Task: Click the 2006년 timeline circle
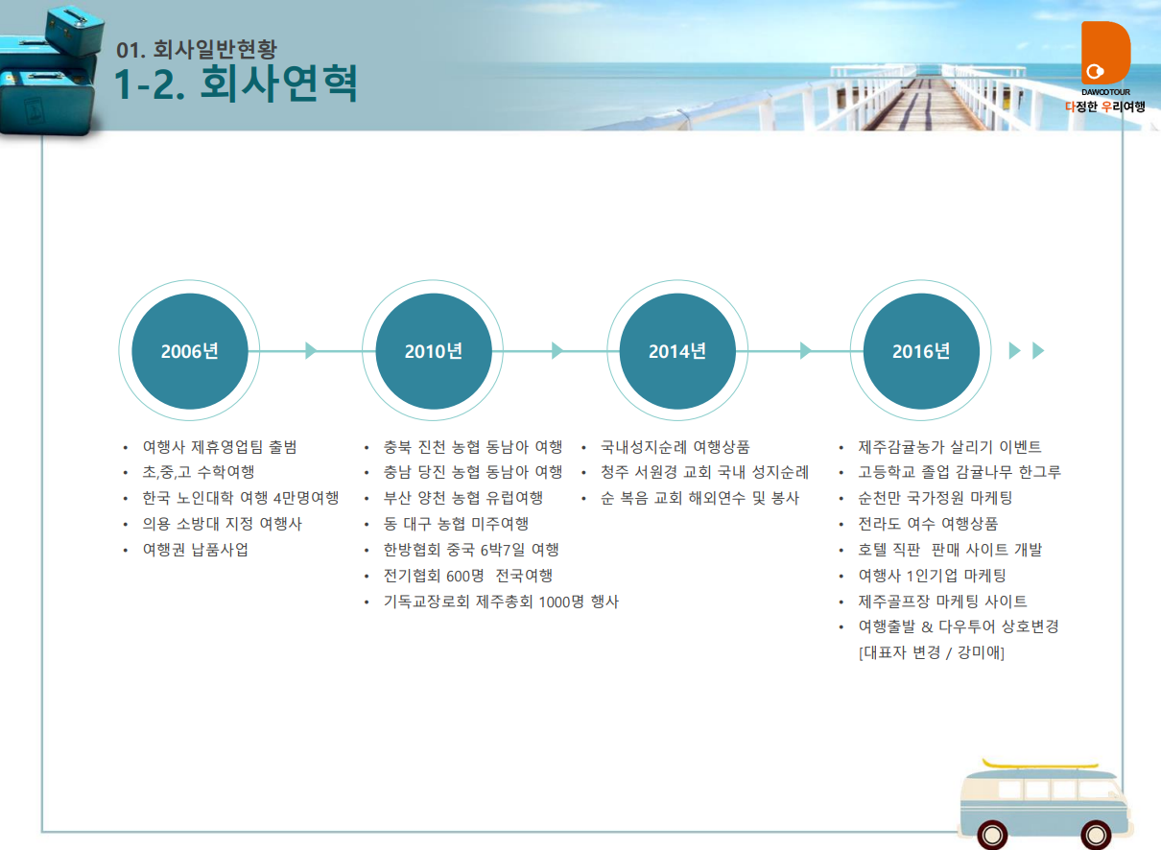(x=190, y=351)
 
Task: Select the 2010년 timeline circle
(x=434, y=351)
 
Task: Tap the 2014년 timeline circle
(x=677, y=351)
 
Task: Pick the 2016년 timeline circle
(x=921, y=351)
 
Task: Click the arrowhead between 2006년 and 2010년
(x=311, y=351)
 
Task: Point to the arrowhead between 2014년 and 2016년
(x=806, y=351)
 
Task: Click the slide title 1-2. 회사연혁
(x=236, y=83)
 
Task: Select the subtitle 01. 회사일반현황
(x=197, y=50)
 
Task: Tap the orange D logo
(x=1105, y=53)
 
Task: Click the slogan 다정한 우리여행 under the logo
(x=1105, y=106)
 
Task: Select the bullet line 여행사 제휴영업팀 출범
(x=220, y=447)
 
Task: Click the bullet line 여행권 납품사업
(x=196, y=550)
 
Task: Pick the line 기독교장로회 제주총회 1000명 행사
(x=501, y=602)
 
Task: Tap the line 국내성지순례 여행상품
(x=675, y=447)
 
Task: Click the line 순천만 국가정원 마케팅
(x=935, y=498)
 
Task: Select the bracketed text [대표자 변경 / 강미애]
(x=932, y=652)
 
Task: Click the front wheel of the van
(x=1096, y=835)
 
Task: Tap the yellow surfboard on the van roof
(x=1040, y=765)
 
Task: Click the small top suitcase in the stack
(x=75, y=30)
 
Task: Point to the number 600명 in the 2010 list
(x=465, y=576)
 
